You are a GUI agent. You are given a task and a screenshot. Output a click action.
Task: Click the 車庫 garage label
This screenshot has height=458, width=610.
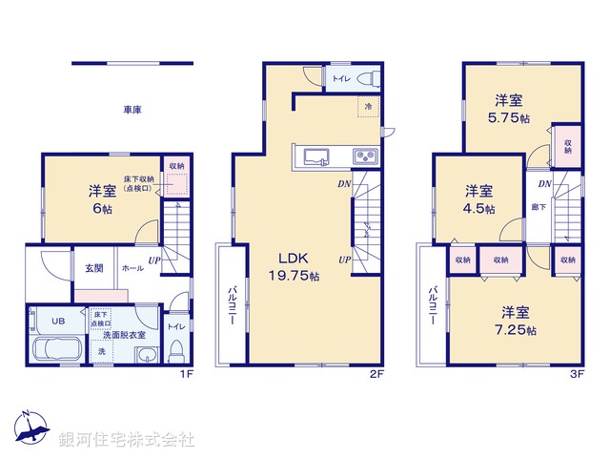coord(132,111)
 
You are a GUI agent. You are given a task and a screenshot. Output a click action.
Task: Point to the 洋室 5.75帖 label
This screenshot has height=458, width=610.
coord(508,110)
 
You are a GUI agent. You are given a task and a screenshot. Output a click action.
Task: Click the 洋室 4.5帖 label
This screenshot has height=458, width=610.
coord(478,198)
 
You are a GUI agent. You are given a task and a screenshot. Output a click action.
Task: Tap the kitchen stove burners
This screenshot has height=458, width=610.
coord(365,156)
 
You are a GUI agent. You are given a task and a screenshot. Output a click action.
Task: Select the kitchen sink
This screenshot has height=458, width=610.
coord(317,156)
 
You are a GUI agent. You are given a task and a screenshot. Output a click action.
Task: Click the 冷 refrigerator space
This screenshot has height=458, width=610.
coord(368,107)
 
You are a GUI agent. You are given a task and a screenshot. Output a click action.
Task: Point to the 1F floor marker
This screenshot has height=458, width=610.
coord(188,373)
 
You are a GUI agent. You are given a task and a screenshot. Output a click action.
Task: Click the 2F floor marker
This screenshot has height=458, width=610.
coord(377,373)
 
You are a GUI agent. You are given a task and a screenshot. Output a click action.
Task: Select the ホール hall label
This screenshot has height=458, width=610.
coord(132,269)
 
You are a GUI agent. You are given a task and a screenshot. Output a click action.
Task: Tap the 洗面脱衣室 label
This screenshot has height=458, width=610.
coord(124,335)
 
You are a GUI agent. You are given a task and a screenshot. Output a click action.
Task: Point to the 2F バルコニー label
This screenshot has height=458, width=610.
coord(232,304)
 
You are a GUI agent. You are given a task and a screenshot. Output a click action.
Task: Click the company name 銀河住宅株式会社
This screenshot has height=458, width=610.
coord(127,440)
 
